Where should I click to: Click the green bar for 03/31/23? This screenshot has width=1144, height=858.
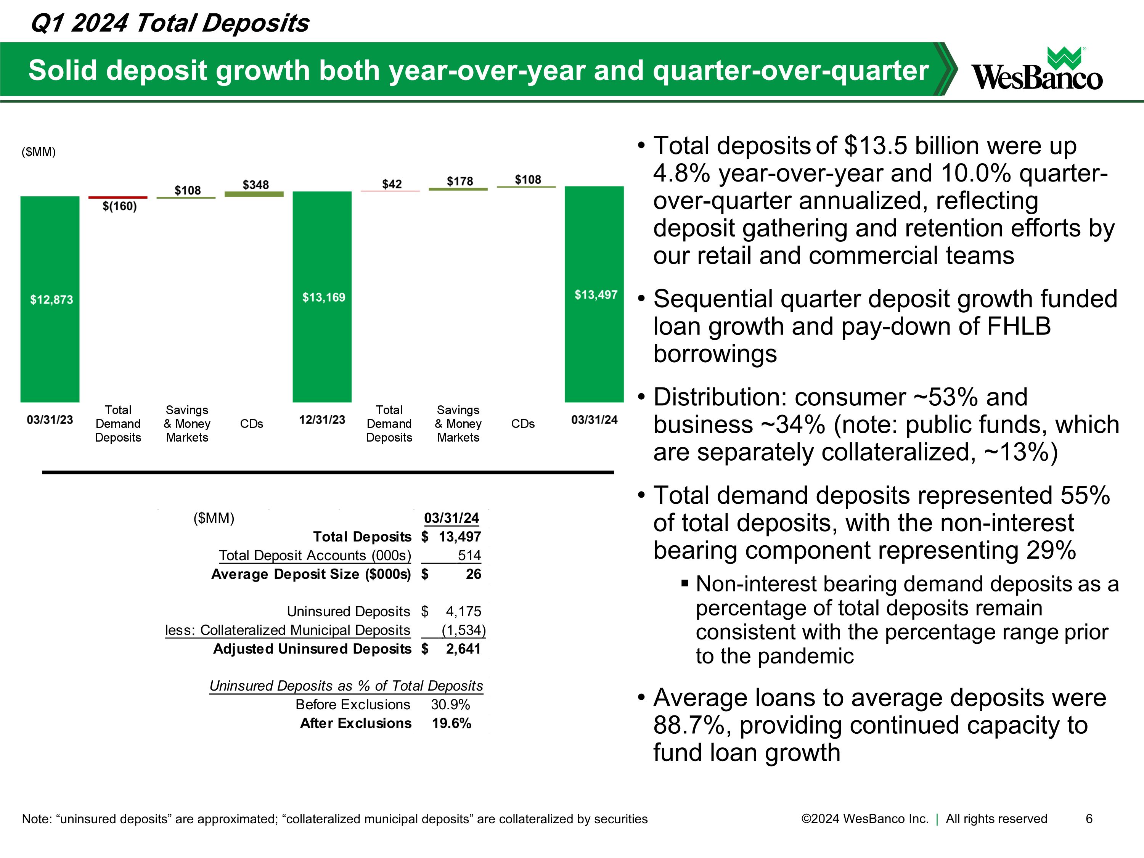click(50, 299)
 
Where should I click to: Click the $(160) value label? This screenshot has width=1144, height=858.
click(119, 206)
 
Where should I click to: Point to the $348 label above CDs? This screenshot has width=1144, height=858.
click(255, 185)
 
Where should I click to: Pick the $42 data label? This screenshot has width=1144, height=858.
click(392, 184)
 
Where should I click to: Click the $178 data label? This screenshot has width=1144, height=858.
click(460, 181)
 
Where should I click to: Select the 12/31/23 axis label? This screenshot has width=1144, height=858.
click(322, 419)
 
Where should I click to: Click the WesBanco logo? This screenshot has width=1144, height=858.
click(1037, 70)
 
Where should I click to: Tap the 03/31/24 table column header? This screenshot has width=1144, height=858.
click(451, 518)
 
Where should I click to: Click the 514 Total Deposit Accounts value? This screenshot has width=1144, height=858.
click(469, 556)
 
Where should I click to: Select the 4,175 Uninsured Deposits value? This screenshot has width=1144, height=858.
click(463, 611)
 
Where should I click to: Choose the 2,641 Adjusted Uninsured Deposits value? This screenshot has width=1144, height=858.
click(463, 649)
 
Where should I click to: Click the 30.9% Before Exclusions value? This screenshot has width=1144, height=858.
click(450, 704)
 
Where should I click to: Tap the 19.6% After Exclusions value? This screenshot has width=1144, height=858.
click(451, 723)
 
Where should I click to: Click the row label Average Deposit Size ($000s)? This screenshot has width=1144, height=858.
click(311, 574)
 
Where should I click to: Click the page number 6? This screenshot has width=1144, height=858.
click(1089, 819)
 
